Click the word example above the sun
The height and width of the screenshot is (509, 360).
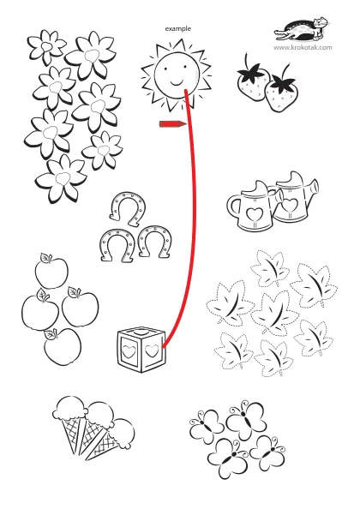click(x=178, y=29)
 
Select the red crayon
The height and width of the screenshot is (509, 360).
click(x=172, y=124)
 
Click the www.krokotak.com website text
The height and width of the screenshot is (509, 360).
click(x=303, y=48)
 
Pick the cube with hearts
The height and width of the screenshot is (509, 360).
click(x=141, y=350)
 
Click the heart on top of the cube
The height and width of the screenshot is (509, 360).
click(x=141, y=332)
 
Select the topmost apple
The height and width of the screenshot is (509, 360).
click(x=51, y=271)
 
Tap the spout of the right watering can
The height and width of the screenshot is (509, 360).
click(x=313, y=189)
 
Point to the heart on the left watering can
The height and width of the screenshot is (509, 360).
click(x=255, y=214)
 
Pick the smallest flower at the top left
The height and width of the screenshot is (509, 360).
click(x=46, y=46)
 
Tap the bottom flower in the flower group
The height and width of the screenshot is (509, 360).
click(x=62, y=178)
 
